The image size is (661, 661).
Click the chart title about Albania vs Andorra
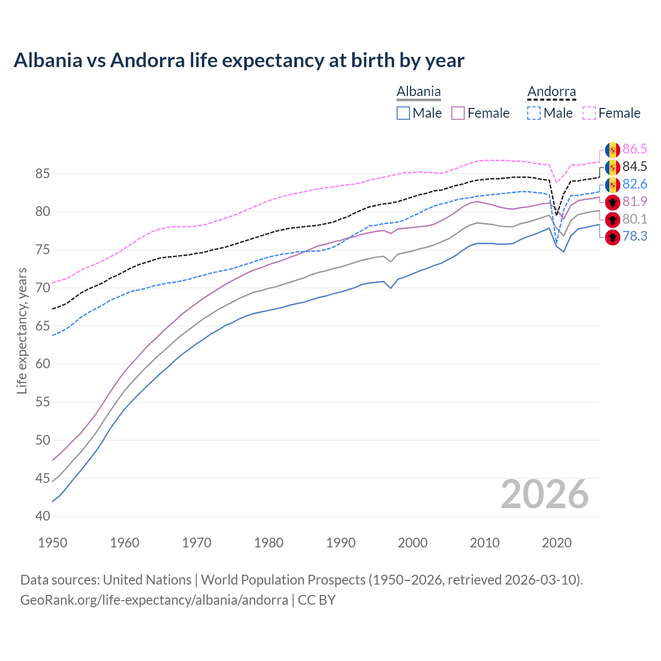(239, 60)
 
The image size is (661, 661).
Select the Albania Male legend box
(403, 113)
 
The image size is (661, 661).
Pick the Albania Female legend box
(458, 113)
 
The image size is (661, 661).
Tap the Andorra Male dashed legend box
(534, 113)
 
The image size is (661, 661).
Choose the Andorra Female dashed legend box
(589, 113)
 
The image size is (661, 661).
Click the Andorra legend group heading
(551, 92)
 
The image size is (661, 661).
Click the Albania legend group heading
(418, 92)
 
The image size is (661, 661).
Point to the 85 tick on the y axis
(42, 174)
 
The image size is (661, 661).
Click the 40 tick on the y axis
(42, 516)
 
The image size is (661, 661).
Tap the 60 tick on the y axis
(42, 364)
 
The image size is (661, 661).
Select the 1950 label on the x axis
(53, 543)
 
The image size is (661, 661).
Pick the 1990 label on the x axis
(341, 543)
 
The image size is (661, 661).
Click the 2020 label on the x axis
(557, 543)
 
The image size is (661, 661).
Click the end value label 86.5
(635, 149)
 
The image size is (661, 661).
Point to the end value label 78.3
(635, 237)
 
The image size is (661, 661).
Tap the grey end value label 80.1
(635, 219)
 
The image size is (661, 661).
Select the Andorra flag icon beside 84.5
(612, 167)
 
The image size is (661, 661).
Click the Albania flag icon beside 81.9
(612, 202)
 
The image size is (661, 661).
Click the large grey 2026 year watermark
(545, 494)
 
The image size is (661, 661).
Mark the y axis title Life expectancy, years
(22, 330)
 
